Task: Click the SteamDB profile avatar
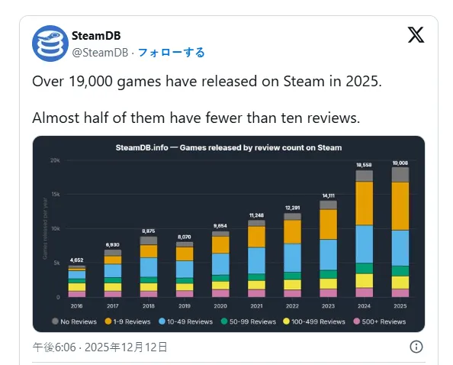tap(50, 44)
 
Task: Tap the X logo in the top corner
tap(416, 36)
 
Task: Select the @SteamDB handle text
tap(100, 52)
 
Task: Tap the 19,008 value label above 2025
tap(400, 163)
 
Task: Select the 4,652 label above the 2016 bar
tap(76, 260)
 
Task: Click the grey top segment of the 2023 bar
tap(328, 205)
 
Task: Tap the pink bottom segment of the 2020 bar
tap(220, 292)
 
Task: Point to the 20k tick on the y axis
tap(55, 160)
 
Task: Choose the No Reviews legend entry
tap(75, 321)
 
